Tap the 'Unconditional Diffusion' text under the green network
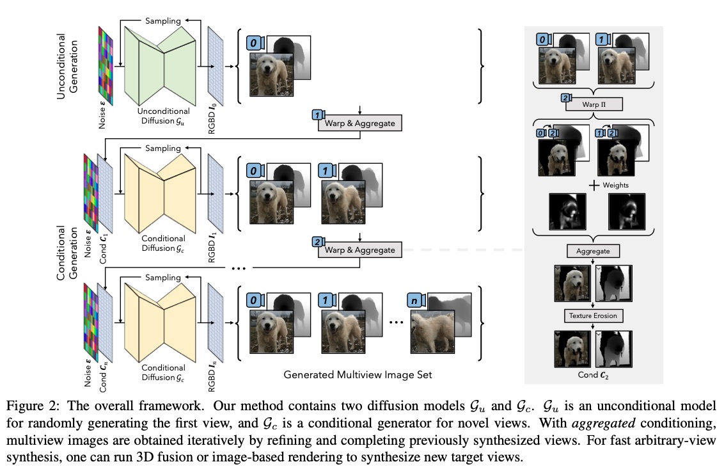(x=164, y=115)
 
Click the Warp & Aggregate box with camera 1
(x=359, y=123)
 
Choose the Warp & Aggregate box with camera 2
(x=359, y=250)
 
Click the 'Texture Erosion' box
(x=595, y=315)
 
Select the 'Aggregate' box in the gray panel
(x=595, y=251)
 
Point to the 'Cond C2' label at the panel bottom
(x=595, y=375)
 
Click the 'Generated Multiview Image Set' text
(x=358, y=375)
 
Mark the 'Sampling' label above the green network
(x=163, y=21)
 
